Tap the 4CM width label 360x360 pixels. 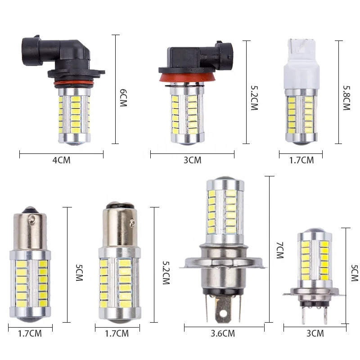[x=62, y=160]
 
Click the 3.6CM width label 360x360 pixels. [x=223, y=333]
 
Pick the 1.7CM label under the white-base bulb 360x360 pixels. [x=301, y=160]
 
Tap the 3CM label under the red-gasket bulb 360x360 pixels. [x=192, y=160]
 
